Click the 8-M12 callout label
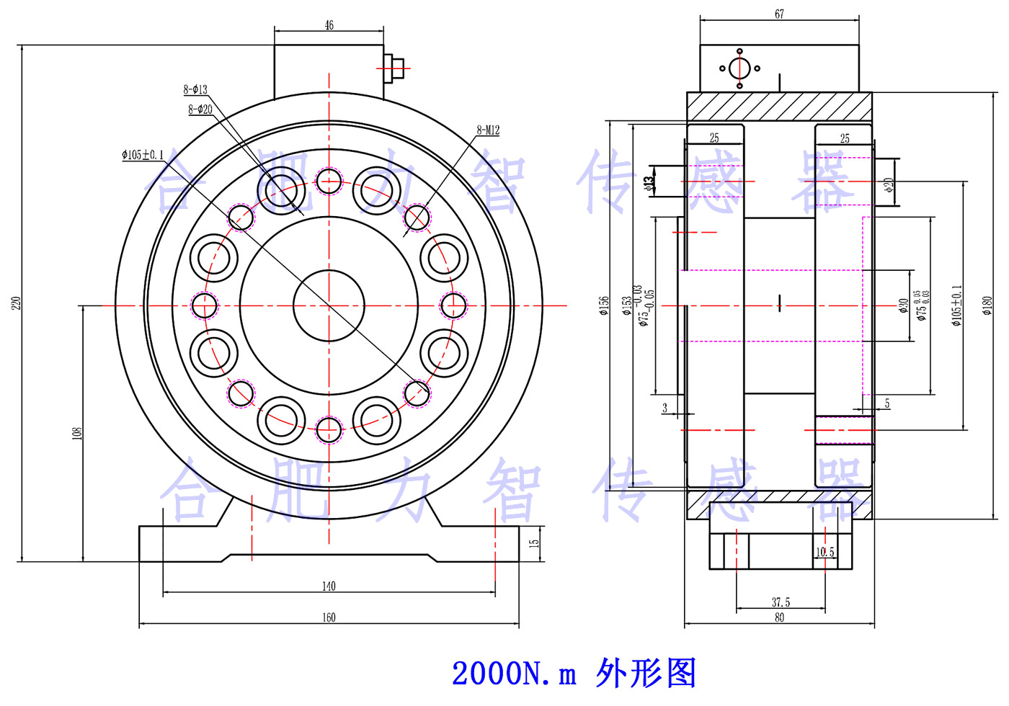[487, 130]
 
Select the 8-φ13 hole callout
[195, 89]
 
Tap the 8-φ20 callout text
[200, 110]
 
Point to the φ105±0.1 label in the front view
[143, 154]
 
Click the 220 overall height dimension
[16, 303]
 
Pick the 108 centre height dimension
[76, 432]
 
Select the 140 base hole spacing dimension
[329, 586]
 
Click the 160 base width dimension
[329, 617]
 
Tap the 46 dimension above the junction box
[329, 25]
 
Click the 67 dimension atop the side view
[779, 14]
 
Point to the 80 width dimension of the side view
[779, 617]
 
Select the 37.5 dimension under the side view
[781, 602]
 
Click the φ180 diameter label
[987, 305]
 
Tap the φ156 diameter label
[604, 305]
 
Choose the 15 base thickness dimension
[534, 542]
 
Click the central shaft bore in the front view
[329, 305]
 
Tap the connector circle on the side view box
[739, 68]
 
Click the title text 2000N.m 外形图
[574, 673]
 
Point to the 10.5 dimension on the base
[824, 552]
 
